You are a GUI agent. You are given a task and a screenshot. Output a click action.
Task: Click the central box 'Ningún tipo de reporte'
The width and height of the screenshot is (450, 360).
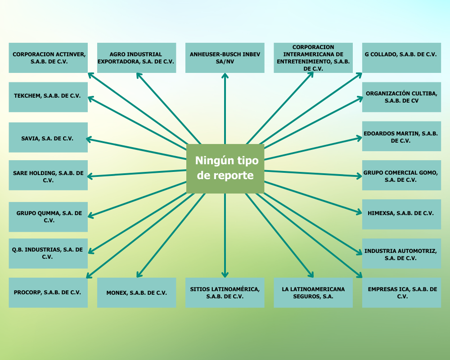pos(225,169)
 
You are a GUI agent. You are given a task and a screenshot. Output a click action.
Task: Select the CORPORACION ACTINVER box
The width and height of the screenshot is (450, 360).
pos(48,58)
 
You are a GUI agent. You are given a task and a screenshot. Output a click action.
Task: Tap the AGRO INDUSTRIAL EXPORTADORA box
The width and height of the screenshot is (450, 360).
pos(136,58)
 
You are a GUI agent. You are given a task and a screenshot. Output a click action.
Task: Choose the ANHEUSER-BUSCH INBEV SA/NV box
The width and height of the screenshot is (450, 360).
pos(225,58)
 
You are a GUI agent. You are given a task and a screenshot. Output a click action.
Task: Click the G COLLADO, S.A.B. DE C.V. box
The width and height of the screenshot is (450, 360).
pos(401,58)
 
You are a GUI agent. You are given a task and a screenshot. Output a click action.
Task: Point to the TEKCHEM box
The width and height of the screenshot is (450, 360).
pos(48,97)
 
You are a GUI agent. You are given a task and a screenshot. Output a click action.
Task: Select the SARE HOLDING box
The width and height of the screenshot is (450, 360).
pos(48,175)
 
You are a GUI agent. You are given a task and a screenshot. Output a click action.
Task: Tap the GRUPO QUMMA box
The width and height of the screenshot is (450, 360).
pos(48,217)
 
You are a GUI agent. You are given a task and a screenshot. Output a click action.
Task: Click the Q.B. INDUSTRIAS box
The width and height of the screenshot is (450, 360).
pos(48,253)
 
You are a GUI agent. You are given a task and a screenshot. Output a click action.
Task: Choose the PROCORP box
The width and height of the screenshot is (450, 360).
pos(48,292)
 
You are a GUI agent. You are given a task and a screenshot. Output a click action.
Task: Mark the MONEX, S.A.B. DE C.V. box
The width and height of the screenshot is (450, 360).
pos(136,292)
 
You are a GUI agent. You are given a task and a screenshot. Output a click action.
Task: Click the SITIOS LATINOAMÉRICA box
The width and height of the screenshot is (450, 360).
pos(225,292)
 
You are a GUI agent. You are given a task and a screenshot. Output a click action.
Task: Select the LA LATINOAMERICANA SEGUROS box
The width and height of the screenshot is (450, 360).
pos(313,292)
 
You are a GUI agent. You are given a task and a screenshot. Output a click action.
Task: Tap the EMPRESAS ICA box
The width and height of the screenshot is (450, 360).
pos(401,292)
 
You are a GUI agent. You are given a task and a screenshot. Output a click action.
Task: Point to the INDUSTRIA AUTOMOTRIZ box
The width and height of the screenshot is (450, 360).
pos(401,254)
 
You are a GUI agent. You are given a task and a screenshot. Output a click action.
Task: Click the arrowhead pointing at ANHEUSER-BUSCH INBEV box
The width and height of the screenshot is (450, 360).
pos(225,75)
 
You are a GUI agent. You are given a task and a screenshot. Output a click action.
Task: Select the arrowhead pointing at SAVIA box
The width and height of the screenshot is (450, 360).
pos(89,139)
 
